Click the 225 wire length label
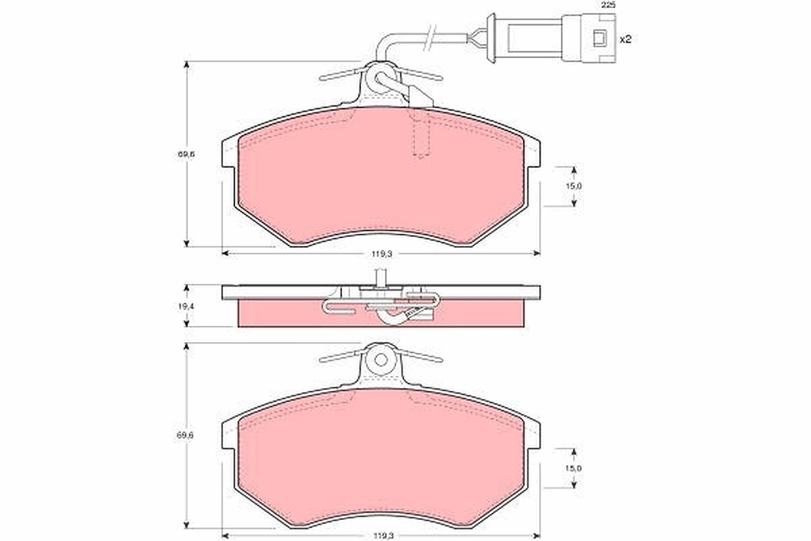pos(608,5)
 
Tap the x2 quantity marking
pos(625,39)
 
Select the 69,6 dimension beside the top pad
pos(186,154)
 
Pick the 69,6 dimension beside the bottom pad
pos(186,436)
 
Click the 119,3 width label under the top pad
pos(382,254)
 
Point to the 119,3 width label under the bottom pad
pos(382,535)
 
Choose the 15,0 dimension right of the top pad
pos(574,186)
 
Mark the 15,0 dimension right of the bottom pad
pos(574,468)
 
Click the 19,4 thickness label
pos(186,306)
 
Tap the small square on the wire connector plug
pos(600,38)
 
